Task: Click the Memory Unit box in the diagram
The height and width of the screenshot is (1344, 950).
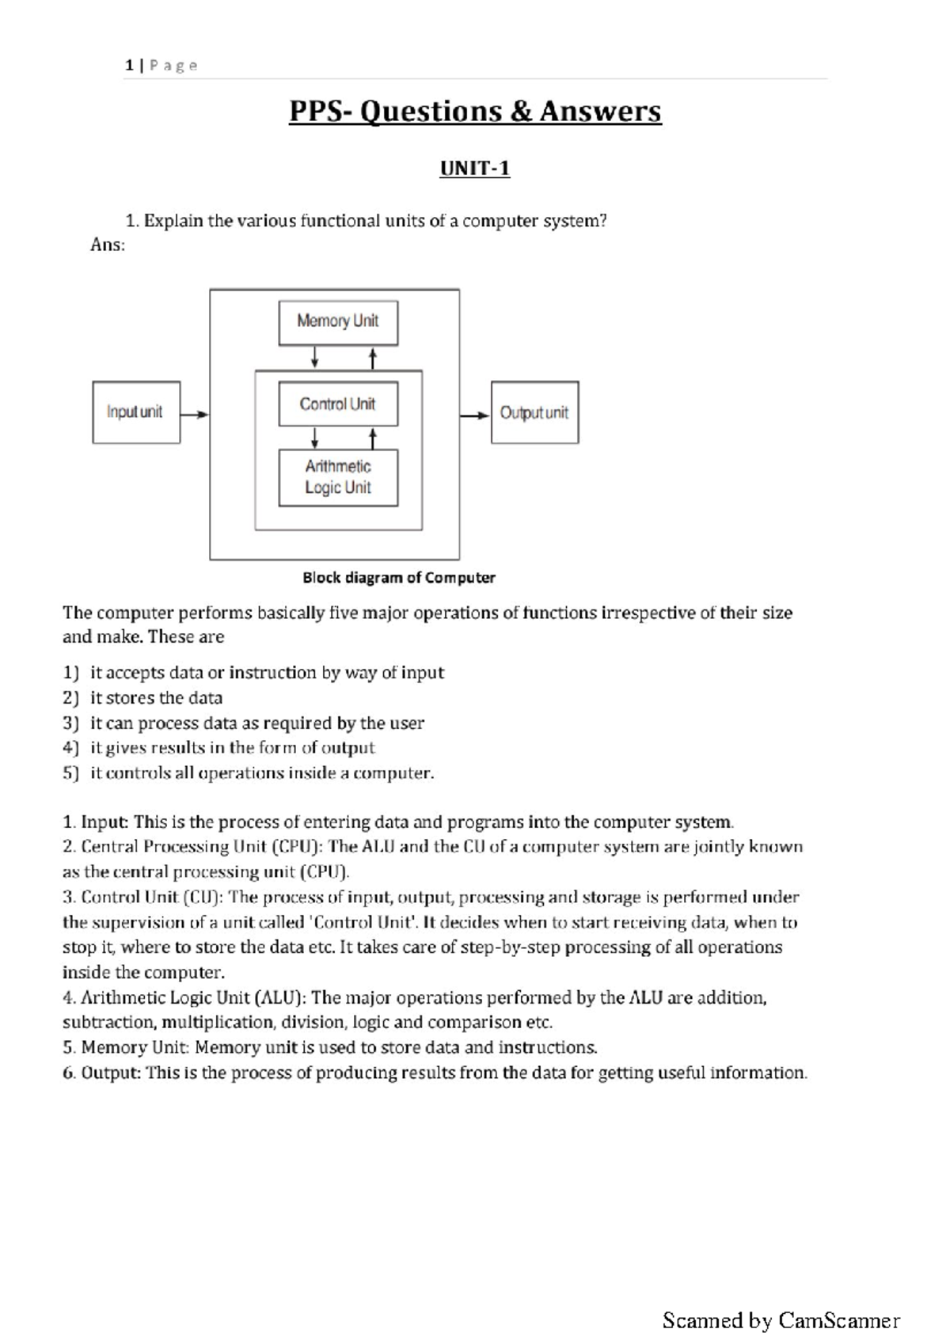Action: pos(338,322)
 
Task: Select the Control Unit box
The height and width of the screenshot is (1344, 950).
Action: pos(338,404)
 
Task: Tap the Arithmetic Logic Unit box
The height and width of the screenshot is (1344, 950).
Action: pos(338,477)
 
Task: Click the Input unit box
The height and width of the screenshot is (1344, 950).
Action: pos(136,412)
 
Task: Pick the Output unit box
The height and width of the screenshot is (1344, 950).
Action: pos(534,412)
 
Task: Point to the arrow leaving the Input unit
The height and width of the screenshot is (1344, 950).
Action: pos(195,414)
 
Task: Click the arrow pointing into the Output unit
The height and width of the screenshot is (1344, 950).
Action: pos(475,415)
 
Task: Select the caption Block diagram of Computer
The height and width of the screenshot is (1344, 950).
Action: pos(398,578)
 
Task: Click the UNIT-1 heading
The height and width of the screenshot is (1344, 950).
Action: pos(474,169)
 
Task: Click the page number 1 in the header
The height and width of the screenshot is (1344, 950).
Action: pos(129,66)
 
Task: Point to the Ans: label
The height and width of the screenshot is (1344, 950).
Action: pos(108,245)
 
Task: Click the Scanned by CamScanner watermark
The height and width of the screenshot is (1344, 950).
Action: pos(781,1320)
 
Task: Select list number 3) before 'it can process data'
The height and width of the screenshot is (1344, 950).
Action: pos(71,723)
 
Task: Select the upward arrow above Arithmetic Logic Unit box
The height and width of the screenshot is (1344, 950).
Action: pos(373,438)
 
